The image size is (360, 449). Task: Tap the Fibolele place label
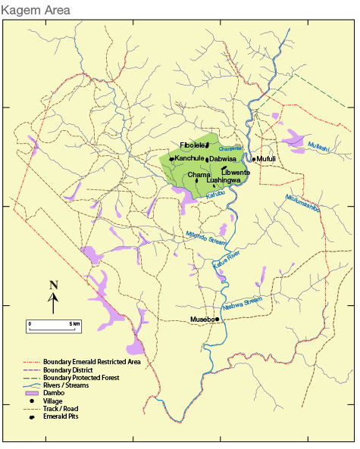tap(192, 145)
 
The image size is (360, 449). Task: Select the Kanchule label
tap(189, 158)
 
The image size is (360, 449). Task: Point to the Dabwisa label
tap(224, 159)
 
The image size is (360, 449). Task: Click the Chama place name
tap(186, 175)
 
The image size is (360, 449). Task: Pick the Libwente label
tap(235, 173)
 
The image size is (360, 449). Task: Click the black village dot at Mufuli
tap(254, 159)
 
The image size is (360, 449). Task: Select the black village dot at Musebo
tap(218, 320)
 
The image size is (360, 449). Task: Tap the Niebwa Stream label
tap(242, 304)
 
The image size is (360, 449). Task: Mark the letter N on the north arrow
tap(53, 285)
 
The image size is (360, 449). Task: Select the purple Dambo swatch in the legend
tap(32, 393)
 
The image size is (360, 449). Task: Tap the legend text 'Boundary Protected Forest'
tap(81, 377)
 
